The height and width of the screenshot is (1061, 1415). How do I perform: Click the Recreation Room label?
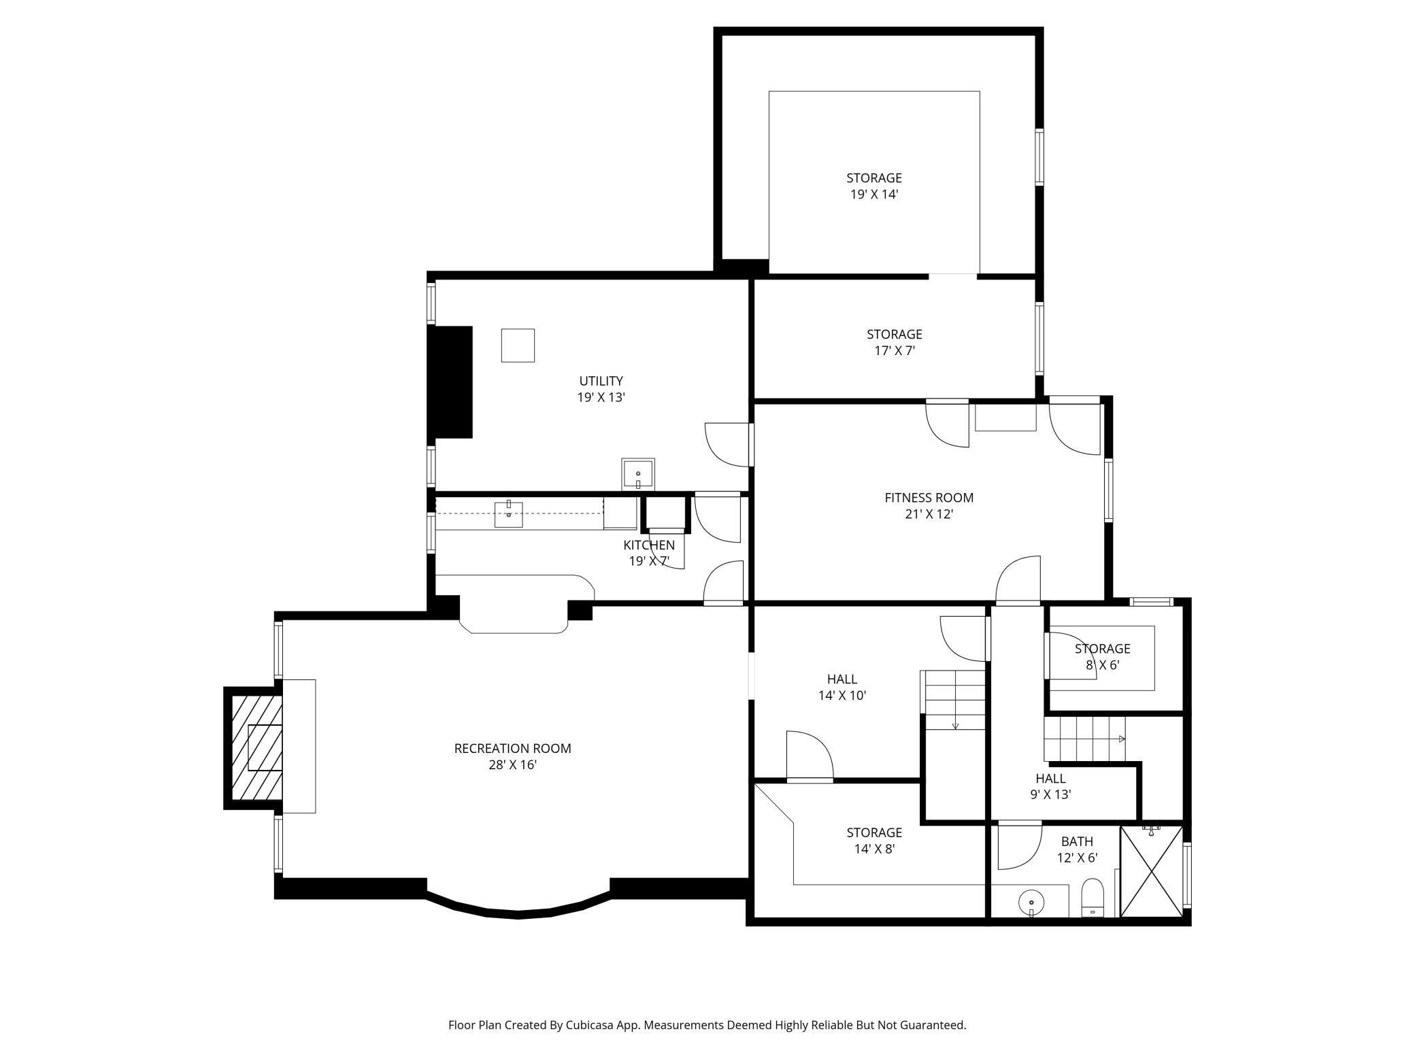(x=512, y=748)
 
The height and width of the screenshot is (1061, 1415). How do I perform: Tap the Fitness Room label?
(x=929, y=497)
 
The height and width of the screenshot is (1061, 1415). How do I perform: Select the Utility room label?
(x=601, y=381)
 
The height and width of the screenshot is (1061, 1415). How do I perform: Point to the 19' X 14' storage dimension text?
(x=874, y=195)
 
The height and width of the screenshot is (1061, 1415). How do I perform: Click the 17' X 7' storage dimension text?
(x=895, y=351)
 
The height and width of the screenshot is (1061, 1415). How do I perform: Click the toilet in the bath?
(x=1093, y=898)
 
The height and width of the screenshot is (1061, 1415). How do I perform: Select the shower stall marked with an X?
(x=1152, y=871)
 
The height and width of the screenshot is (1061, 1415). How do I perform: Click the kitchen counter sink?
(x=508, y=513)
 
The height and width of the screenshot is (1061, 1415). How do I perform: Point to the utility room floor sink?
(x=638, y=474)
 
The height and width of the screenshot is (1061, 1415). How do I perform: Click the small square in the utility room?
(x=518, y=346)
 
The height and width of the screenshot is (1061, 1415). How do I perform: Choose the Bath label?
(x=1077, y=842)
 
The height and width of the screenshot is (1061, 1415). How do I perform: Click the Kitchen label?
(x=649, y=545)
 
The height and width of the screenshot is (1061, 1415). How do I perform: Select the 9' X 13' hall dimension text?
(x=1051, y=794)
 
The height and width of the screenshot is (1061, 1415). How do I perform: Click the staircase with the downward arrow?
(x=952, y=700)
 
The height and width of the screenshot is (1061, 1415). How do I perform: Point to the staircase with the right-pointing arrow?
(x=1085, y=739)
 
